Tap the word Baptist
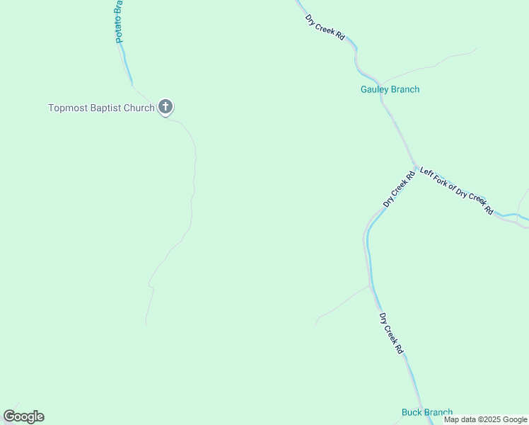(x=103, y=108)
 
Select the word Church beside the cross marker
(x=138, y=108)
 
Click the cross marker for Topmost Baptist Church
(x=165, y=108)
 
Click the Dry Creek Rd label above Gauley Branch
(x=325, y=27)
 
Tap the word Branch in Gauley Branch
(x=406, y=89)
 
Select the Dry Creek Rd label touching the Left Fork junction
(x=399, y=189)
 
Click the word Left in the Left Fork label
(x=426, y=172)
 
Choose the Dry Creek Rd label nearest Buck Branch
(x=391, y=334)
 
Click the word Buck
(x=412, y=412)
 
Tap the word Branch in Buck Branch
(x=438, y=412)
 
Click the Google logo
(x=23, y=416)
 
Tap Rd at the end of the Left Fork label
(x=489, y=210)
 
